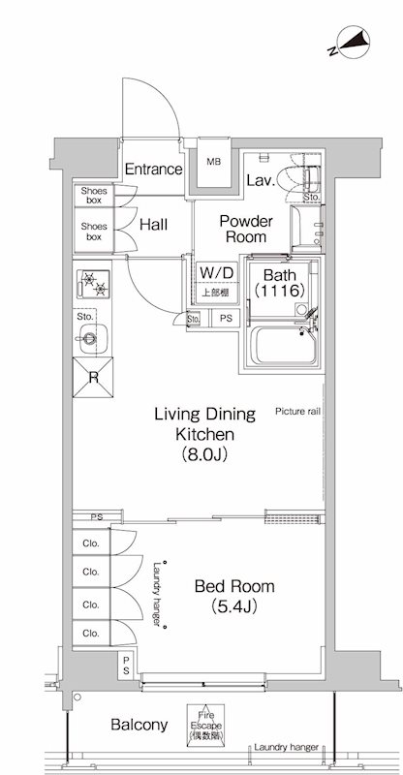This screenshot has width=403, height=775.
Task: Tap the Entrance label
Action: point(153,170)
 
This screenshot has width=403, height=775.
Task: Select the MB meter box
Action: point(214,164)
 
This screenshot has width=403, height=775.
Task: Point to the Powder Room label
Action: point(246,229)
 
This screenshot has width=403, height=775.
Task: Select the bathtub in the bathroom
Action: point(287,346)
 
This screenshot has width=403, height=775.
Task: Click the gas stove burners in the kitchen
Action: point(93,284)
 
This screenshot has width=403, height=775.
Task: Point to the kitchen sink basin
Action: point(93,338)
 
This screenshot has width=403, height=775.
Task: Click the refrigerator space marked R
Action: point(93,377)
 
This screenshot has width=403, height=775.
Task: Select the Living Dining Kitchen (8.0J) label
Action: point(205,434)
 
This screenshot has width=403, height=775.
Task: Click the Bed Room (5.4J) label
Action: point(234,596)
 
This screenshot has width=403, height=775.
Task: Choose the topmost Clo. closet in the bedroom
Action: point(91,543)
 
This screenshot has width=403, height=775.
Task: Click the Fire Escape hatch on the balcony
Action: point(205,725)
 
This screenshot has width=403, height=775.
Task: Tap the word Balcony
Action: point(139,725)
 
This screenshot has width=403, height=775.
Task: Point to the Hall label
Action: point(153,225)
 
